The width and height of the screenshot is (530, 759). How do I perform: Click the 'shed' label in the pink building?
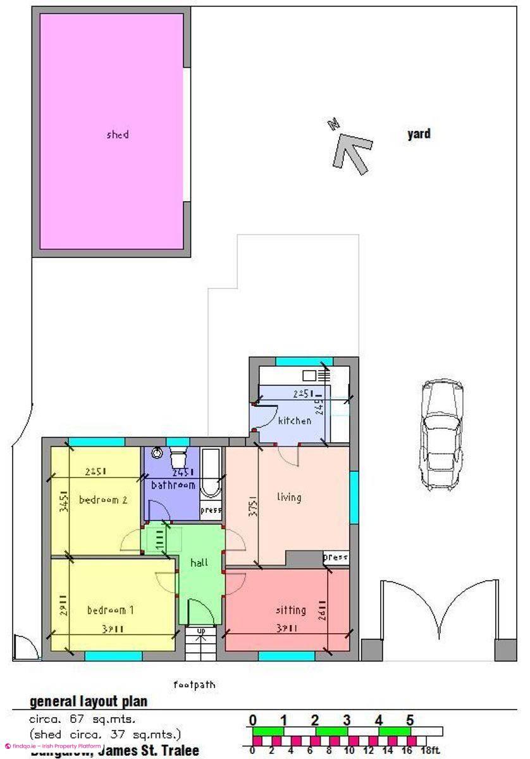(118, 135)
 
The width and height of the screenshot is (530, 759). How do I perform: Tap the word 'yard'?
(419, 134)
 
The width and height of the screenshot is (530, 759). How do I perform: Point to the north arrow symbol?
(350, 148)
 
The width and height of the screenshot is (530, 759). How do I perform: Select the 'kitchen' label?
(295, 421)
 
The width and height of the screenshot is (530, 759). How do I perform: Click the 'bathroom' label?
(173, 485)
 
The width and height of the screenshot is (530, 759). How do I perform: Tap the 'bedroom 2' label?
(103, 500)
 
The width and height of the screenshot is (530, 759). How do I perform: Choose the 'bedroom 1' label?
(110, 610)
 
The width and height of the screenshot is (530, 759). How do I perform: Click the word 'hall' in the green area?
(200, 562)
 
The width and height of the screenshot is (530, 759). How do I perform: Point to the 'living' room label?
(289, 497)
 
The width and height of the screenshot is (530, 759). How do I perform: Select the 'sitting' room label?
(290, 610)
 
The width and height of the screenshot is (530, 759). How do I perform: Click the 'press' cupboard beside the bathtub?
(211, 510)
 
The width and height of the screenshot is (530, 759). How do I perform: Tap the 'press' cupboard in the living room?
(335, 558)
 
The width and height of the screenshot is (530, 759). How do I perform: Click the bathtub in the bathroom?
(211, 474)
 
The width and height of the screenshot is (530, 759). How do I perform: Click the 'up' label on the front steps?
(201, 631)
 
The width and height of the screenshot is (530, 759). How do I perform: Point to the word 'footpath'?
(194, 684)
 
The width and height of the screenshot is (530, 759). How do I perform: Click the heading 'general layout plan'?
(89, 701)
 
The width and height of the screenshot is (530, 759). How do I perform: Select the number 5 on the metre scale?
(410, 720)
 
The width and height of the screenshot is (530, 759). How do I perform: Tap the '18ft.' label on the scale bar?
(430, 751)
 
